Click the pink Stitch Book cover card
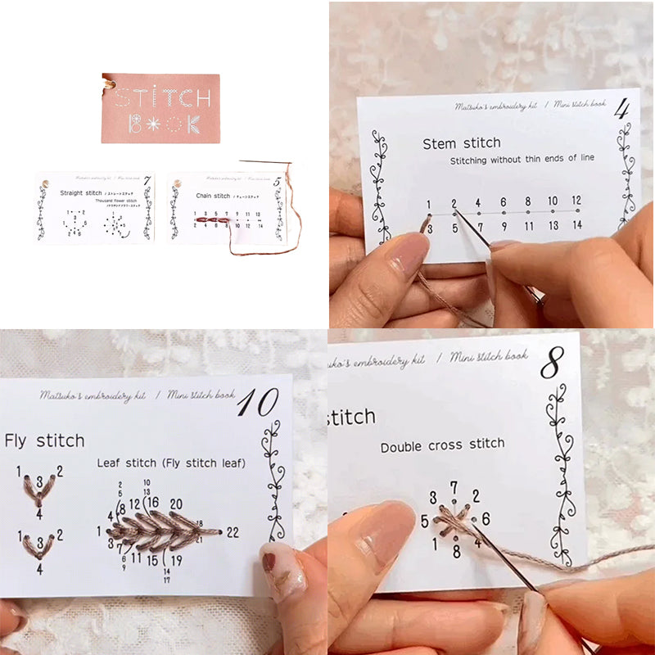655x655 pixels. [x=161, y=108]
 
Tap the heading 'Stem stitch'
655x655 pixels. [x=462, y=143]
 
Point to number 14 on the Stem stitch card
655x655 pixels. [x=577, y=225]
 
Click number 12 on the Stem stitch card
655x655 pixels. [x=577, y=201]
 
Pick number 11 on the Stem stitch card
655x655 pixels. [x=527, y=225]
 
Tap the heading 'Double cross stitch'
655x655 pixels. [x=442, y=445]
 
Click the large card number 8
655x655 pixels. [x=552, y=364]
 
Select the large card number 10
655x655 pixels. [x=258, y=404]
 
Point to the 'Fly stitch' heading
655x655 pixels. [x=44, y=441]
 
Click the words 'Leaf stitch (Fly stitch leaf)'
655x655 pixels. [x=170, y=463]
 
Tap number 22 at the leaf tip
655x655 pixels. [x=233, y=533]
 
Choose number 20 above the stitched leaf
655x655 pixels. [x=175, y=504]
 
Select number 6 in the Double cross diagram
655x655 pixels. [x=486, y=518]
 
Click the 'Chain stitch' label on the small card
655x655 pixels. [x=214, y=196]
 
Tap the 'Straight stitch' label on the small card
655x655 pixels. [x=81, y=193]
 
